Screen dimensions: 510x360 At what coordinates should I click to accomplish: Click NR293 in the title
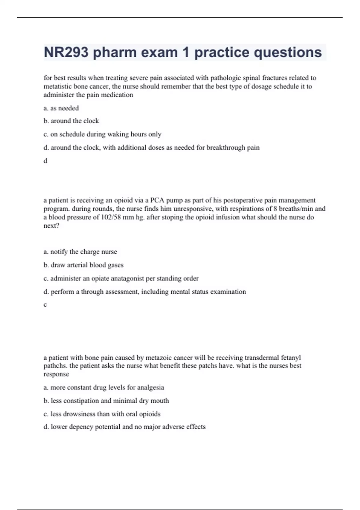click(66, 52)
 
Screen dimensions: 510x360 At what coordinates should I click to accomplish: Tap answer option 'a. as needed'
click(61, 108)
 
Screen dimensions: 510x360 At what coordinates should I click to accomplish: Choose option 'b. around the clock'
click(71, 121)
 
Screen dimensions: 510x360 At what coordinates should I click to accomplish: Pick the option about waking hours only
click(102, 134)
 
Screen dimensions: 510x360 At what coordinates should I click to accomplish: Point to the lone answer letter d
click(45, 161)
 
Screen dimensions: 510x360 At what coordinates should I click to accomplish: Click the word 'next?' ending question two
click(51, 226)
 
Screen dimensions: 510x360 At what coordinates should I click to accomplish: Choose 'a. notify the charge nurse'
click(80, 252)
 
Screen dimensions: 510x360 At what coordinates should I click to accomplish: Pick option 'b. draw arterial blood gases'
click(83, 265)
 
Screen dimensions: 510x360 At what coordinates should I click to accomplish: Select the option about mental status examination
click(145, 292)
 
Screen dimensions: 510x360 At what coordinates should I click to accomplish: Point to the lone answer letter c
click(45, 305)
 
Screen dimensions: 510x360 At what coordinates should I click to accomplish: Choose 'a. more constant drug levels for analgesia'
click(104, 387)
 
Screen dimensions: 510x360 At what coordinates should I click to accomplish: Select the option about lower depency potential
click(124, 427)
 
